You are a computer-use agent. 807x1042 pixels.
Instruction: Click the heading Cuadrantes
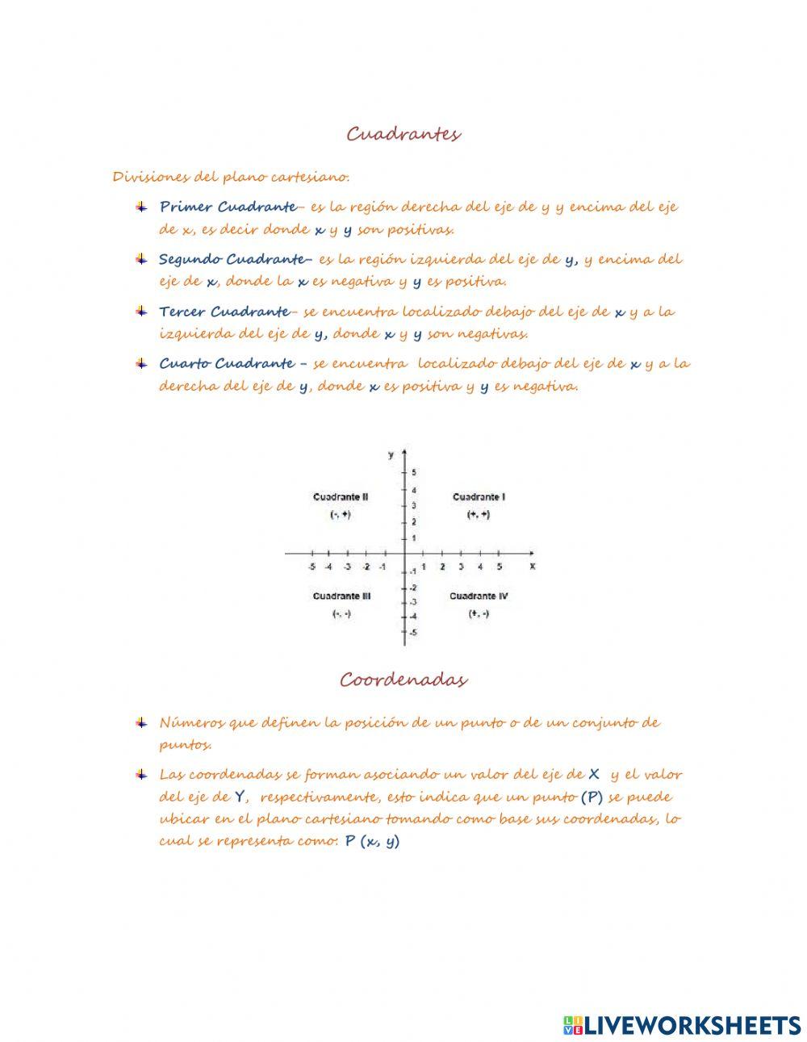[403, 134]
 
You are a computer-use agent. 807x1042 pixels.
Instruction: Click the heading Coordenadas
[403, 680]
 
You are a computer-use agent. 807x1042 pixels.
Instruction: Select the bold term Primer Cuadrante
[228, 207]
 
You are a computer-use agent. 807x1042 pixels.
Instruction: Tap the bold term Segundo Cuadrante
[232, 259]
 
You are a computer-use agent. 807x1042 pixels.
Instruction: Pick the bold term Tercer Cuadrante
[224, 312]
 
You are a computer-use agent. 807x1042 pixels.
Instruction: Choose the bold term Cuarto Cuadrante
[226, 364]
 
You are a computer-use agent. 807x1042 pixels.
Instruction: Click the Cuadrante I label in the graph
[479, 497]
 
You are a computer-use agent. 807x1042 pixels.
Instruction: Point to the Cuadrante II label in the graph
[341, 497]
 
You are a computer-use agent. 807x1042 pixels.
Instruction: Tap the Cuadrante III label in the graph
[341, 596]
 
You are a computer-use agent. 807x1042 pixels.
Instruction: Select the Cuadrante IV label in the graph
[479, 596]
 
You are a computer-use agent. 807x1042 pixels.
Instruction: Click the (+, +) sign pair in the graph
[479, 515]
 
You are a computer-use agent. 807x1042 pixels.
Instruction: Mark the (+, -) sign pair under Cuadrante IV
[479, 614]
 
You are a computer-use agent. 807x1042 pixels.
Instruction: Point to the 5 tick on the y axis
[414, 472]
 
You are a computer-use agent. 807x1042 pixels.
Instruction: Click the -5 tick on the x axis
[312, 567]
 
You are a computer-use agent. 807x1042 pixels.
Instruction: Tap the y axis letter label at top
[391, 455]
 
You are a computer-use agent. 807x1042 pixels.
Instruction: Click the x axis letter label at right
[533, 567]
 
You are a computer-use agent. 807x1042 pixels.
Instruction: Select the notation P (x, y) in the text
[372, 841]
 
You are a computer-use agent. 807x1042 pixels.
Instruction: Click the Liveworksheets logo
[682, 1025]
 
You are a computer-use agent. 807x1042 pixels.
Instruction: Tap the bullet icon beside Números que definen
[141, 722]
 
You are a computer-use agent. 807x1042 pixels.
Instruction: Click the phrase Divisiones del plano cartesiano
[231, 177]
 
